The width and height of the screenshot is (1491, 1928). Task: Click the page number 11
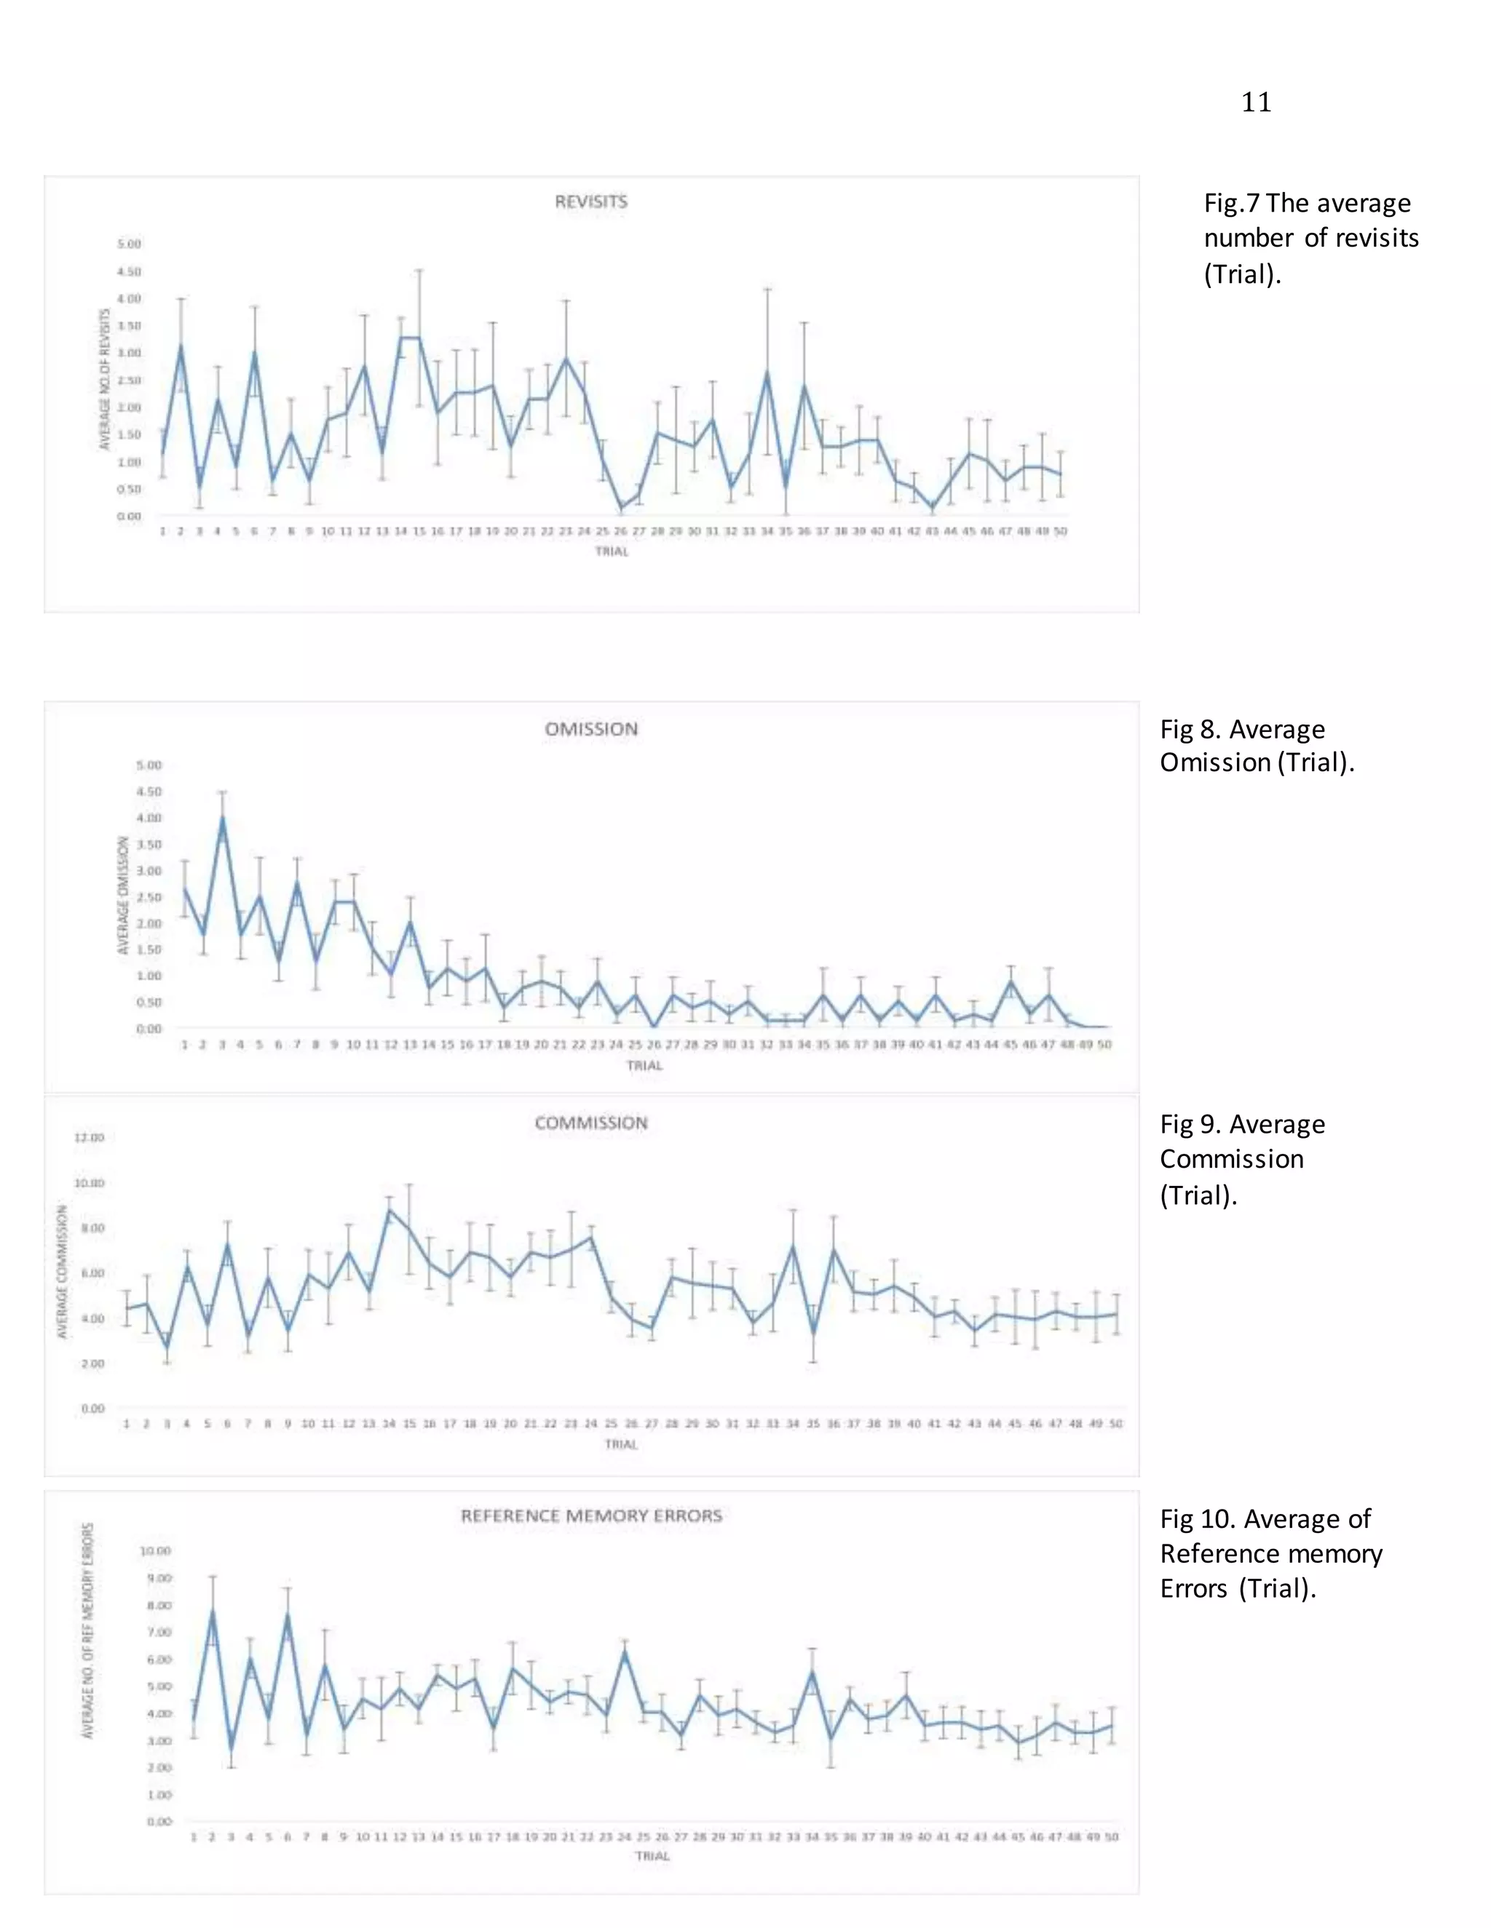click(1255, 103)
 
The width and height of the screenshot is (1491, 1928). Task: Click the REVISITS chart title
click(591, 202)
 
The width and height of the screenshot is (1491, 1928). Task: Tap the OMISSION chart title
click(591, 729)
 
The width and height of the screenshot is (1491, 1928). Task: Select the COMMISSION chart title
click(591, 1123)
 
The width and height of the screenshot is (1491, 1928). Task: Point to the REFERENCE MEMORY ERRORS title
click(591, 1515)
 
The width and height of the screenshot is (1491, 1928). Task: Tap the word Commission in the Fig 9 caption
click(1231, 1159)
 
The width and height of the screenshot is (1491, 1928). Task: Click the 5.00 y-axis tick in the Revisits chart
click(129, 244)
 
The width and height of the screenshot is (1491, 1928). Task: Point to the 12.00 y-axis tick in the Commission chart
click(90, 1138)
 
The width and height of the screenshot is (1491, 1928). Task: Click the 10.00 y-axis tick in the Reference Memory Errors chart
click(156, 1550)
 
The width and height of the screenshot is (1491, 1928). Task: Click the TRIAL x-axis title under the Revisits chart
click(612, 551)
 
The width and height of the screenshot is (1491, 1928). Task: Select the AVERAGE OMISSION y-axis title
click(124, 895)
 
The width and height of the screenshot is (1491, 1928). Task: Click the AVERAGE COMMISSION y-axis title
click(63, 1272)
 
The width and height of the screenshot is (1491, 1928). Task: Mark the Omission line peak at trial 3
click(222, 818)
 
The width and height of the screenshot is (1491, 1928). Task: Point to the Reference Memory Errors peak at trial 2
click(212, 1612)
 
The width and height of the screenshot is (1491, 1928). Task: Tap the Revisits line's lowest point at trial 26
click(621, 509)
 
